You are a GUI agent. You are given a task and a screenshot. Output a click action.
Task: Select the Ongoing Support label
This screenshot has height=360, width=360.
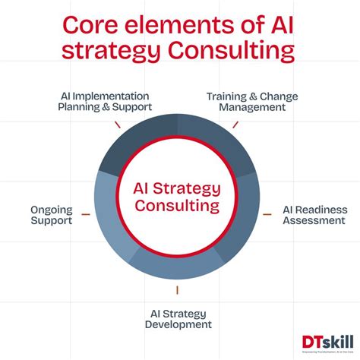[52, 215]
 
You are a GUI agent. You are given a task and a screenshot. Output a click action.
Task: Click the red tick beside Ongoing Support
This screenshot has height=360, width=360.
[86, 216]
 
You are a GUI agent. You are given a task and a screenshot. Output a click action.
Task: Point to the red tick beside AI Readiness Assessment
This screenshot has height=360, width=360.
[268, 216]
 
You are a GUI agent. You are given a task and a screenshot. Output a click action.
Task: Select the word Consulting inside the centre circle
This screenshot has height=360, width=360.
[177, 206]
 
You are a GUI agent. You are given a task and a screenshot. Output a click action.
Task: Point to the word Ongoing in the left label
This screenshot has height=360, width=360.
[52, 208]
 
